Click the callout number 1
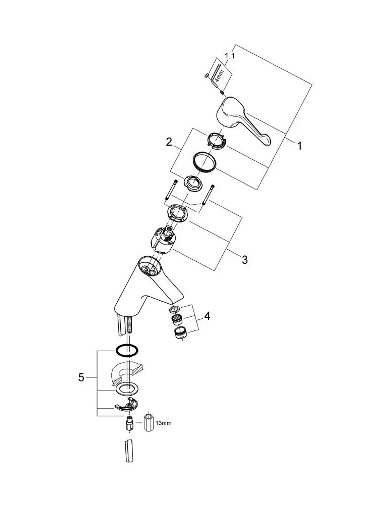[x=299, y=146]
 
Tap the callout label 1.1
[x=230, y=56]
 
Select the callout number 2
[x=169, y=142]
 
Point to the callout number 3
[x=245, y=260]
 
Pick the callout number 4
[x=207, y=316]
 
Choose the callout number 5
[x=81, y=377]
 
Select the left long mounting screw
[x=171, y=190]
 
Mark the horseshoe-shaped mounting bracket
[x=126, y=406]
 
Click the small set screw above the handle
[x=222, y=93]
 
